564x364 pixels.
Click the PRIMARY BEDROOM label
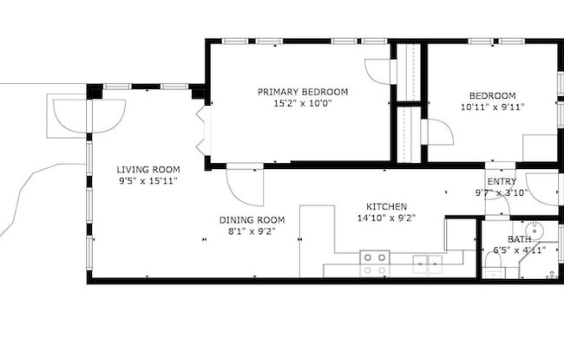click(x=302, y=91)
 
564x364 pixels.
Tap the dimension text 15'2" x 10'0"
click(x=302, y=102)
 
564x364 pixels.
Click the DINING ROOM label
click(x=252, y=220)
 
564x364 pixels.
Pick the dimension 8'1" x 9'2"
click(x=252, y=231)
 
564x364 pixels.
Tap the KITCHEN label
click(x=386, y=206)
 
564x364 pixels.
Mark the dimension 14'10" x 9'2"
click(x=386, y=218)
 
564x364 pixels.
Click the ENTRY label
click(x=502, y=181)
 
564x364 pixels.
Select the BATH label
click(x=519, y=239)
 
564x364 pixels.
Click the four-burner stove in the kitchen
click(x=375, y=263)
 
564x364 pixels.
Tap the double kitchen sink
click(x=426, y=262)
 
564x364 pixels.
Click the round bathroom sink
click(x=537, y=231)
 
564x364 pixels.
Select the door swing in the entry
click(x=541, y=189)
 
